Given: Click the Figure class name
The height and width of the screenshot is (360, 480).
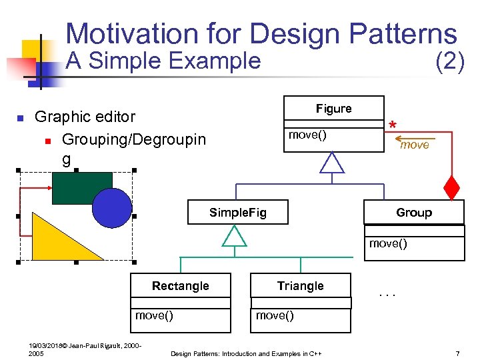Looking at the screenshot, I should [x=333, y=109].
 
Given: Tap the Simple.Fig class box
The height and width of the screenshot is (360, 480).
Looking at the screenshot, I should [x=237, y=213].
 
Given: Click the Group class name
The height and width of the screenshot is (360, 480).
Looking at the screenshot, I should [x=413, y=213].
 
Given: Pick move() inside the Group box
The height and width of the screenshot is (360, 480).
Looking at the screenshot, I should [x=388, y=243].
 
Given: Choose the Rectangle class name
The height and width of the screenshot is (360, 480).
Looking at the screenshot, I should [x=180, y=286].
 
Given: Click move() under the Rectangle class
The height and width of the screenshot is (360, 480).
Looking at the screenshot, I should [x=154, y=315].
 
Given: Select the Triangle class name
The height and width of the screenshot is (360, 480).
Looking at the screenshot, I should [x=300, y=286].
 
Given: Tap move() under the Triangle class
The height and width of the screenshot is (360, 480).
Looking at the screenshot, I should [x=275, y=315].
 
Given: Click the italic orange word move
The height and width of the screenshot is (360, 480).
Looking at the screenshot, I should [x=414, y=145].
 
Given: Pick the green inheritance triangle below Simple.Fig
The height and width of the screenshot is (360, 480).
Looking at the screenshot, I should [x=234, y=236].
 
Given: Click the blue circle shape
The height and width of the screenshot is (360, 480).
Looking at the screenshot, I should [x=112, y=207].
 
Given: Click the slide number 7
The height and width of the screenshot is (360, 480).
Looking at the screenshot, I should [x=457, y=353].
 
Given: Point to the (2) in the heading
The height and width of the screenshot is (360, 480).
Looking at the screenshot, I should [x=449, y=61].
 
